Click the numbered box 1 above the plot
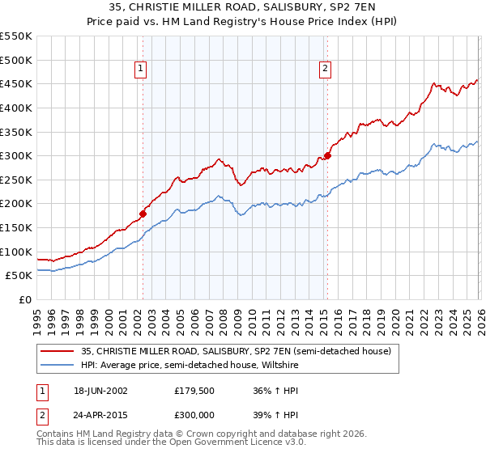click(x=141, y=70)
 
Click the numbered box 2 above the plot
click(x=325, y=70)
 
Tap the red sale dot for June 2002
click(x=143, y=214)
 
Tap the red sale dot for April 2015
click(x=327, y=156)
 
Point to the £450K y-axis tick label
click(x=15, y=84)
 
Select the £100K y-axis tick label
click(x=15, y=252)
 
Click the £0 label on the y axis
click(x=25, y=299)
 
